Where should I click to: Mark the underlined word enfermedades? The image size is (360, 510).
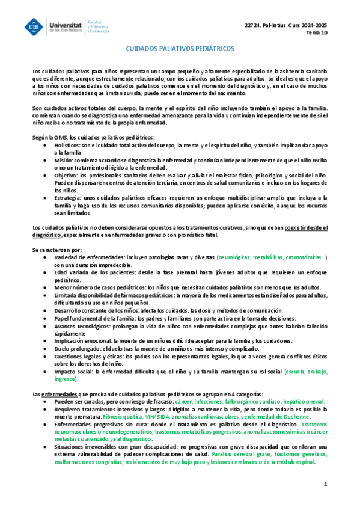[61, 393]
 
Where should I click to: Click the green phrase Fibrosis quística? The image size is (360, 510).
[123, 416]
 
